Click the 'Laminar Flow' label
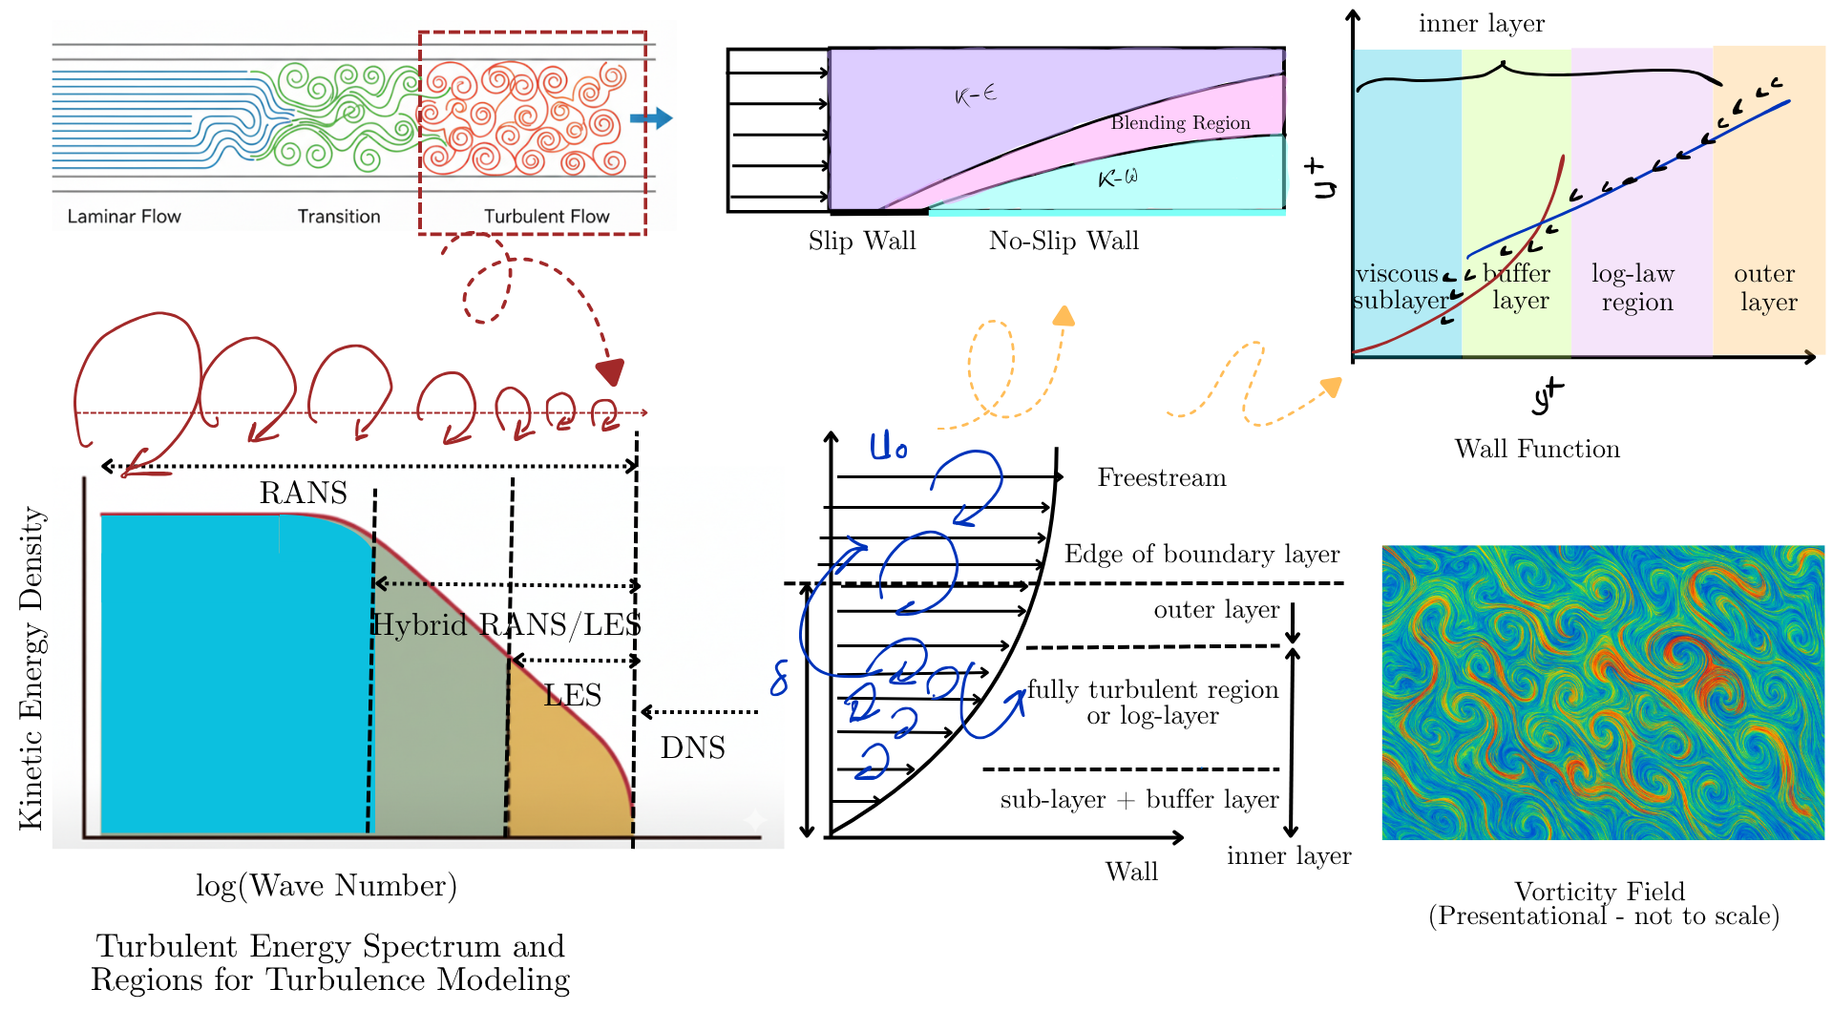(x=124, y=217)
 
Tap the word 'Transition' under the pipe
(x=339, y=217)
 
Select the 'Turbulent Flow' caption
(x=546, y=217)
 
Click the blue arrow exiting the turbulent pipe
(x=651, y=118)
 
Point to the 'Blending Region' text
(x=1180, y=123)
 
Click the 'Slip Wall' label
(x=862, y=242)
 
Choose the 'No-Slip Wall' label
(x=1064, y=242)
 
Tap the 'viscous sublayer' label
(x=1400, y=287)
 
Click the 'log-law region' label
(x=1634, y=287)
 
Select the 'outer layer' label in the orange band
(x=1766, y=287)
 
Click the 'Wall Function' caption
(x=1537, y=449)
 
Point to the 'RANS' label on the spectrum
(x=304, y=493)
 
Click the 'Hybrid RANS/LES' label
(x=506, y=624)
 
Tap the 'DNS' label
(x=692, y=747)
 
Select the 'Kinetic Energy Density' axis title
(x=32, y=667)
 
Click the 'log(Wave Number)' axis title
(x=327, y=886)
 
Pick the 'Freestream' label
(x=1162, y=477)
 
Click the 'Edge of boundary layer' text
(x=1202, y=555)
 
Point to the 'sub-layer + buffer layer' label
(x=1139, y=800)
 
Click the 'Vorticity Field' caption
(x=1600, y=892)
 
